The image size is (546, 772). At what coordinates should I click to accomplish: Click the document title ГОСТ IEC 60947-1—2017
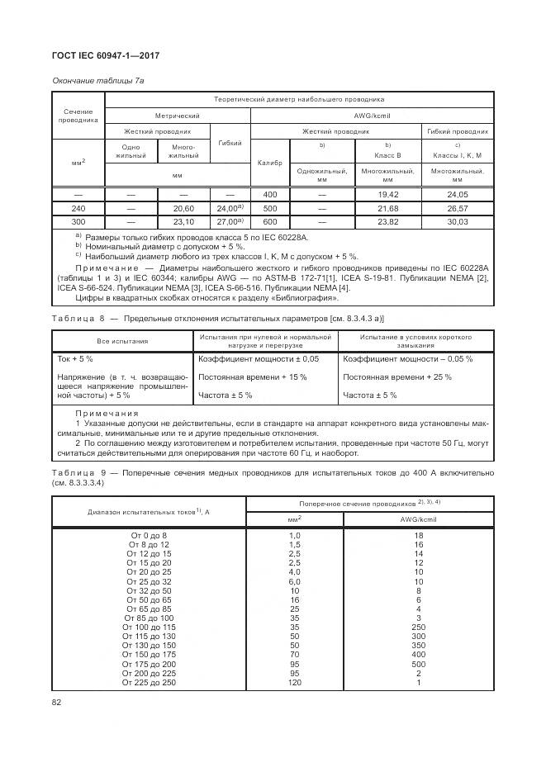[x=106, y=55]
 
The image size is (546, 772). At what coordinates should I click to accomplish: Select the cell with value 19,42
[x=387, y=193]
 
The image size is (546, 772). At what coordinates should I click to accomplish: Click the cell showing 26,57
[x=457, y=208]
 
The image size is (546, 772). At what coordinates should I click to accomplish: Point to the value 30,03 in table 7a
[x=457, y=221]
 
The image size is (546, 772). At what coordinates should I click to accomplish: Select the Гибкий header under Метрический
[x=230, y=143]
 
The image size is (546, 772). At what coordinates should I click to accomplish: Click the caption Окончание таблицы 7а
[x=98, y=80]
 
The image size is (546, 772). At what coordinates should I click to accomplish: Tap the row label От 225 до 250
[x=149, y=683]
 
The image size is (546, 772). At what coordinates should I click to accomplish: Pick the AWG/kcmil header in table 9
[x=418, y=519]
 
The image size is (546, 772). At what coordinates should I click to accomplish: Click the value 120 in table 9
[x=294, y=683]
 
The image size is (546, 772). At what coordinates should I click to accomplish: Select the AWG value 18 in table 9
[x=418, y=536]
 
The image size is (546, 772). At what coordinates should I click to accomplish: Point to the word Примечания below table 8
[x=107, y=413]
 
